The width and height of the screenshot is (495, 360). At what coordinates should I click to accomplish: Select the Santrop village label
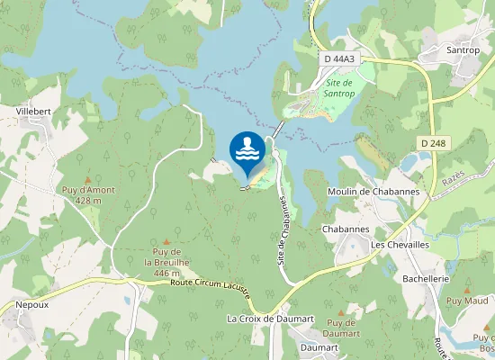463,50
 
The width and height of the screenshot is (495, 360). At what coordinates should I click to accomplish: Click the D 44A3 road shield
339,58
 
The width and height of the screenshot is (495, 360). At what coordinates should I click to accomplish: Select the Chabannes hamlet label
346,229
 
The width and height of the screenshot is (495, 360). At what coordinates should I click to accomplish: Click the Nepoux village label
32,305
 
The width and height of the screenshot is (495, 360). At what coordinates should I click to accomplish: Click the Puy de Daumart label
341,328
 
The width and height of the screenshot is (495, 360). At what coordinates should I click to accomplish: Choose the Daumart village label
318,346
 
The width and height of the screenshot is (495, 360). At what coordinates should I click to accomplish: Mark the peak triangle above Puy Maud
466,290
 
